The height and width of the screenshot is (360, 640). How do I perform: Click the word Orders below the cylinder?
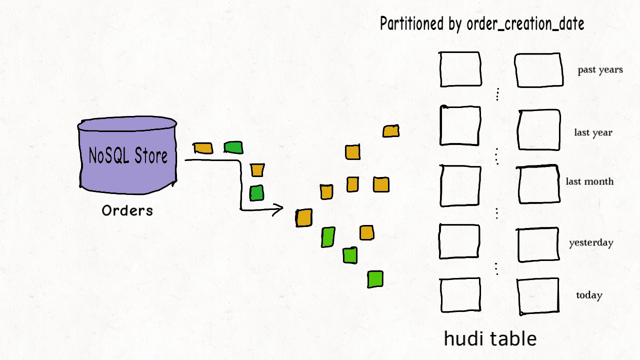tap(127, 210)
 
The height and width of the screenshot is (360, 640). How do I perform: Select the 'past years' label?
tap(600, 70)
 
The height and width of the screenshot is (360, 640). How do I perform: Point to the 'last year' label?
tap(593, 133)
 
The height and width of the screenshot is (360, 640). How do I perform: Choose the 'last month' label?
tap(589, 181)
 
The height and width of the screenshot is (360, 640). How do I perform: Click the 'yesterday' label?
tap(591, 243)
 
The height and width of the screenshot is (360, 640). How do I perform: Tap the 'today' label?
tap(589, 295)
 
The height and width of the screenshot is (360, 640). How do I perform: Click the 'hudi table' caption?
tap(490, 339)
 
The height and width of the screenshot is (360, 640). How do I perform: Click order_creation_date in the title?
tap(525, 23)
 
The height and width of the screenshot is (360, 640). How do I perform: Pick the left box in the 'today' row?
tap(460, 295)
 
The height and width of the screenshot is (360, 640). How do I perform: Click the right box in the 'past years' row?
tap(539, 70)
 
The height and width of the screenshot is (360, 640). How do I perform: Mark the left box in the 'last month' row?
tap(460, 185)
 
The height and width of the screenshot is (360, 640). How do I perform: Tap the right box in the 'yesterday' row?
tap(538, 244)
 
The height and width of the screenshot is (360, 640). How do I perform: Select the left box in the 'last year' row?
tap(460, 125)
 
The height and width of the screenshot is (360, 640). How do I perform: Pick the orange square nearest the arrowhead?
tap(303, 218)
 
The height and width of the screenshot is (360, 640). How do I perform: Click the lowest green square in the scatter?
tap(375, 279)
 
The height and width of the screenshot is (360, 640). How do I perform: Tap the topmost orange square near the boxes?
tap(390, 131)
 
